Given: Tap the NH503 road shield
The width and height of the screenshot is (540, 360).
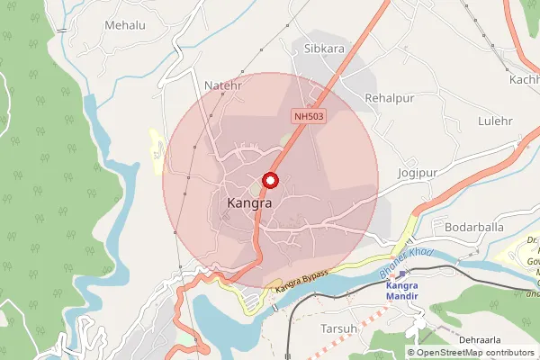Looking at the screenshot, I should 308,116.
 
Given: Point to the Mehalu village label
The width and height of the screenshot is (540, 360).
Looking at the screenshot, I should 124,25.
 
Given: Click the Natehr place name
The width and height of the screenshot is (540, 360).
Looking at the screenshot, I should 223,86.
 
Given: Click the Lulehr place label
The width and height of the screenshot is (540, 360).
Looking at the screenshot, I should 495,120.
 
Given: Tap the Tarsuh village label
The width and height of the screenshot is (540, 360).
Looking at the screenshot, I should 339,328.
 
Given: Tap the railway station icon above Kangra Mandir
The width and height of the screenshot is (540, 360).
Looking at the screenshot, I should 403,273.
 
